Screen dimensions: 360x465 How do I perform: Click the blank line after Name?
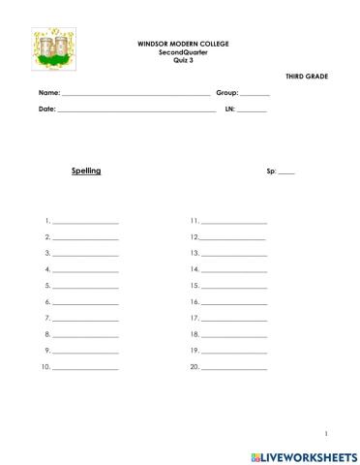[135, 94]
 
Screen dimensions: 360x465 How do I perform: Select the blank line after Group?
[255, 94]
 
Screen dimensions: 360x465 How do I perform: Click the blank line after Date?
[136, 109]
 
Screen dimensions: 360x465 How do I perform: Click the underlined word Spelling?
[86, 170]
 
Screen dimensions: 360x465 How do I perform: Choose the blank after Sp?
[286, 171]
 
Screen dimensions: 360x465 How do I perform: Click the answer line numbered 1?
[86, 223]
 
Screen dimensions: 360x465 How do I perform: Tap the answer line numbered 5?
[86, 288]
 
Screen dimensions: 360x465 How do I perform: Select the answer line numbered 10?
[86, 369]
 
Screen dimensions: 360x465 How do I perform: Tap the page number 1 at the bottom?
[328, 433]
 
